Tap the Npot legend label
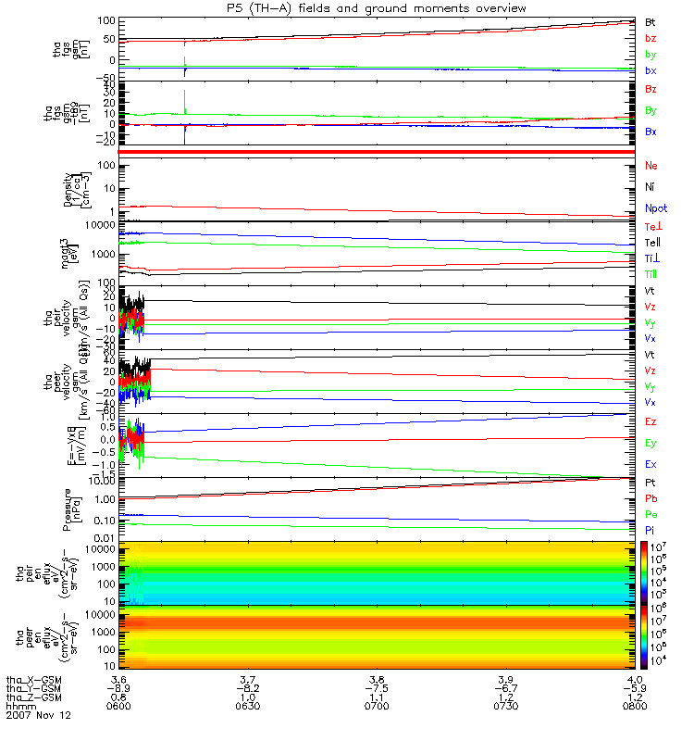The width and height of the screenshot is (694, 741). click(654, 208)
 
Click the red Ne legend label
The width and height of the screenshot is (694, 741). click(651, 166)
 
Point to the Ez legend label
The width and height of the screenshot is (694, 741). click(651, 421)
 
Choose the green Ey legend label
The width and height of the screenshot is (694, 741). click(651, 443)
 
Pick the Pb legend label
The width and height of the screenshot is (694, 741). click(651, 498)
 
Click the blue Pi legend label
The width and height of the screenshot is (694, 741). click(650, 530)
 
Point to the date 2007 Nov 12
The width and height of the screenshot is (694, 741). click(38, 716)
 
